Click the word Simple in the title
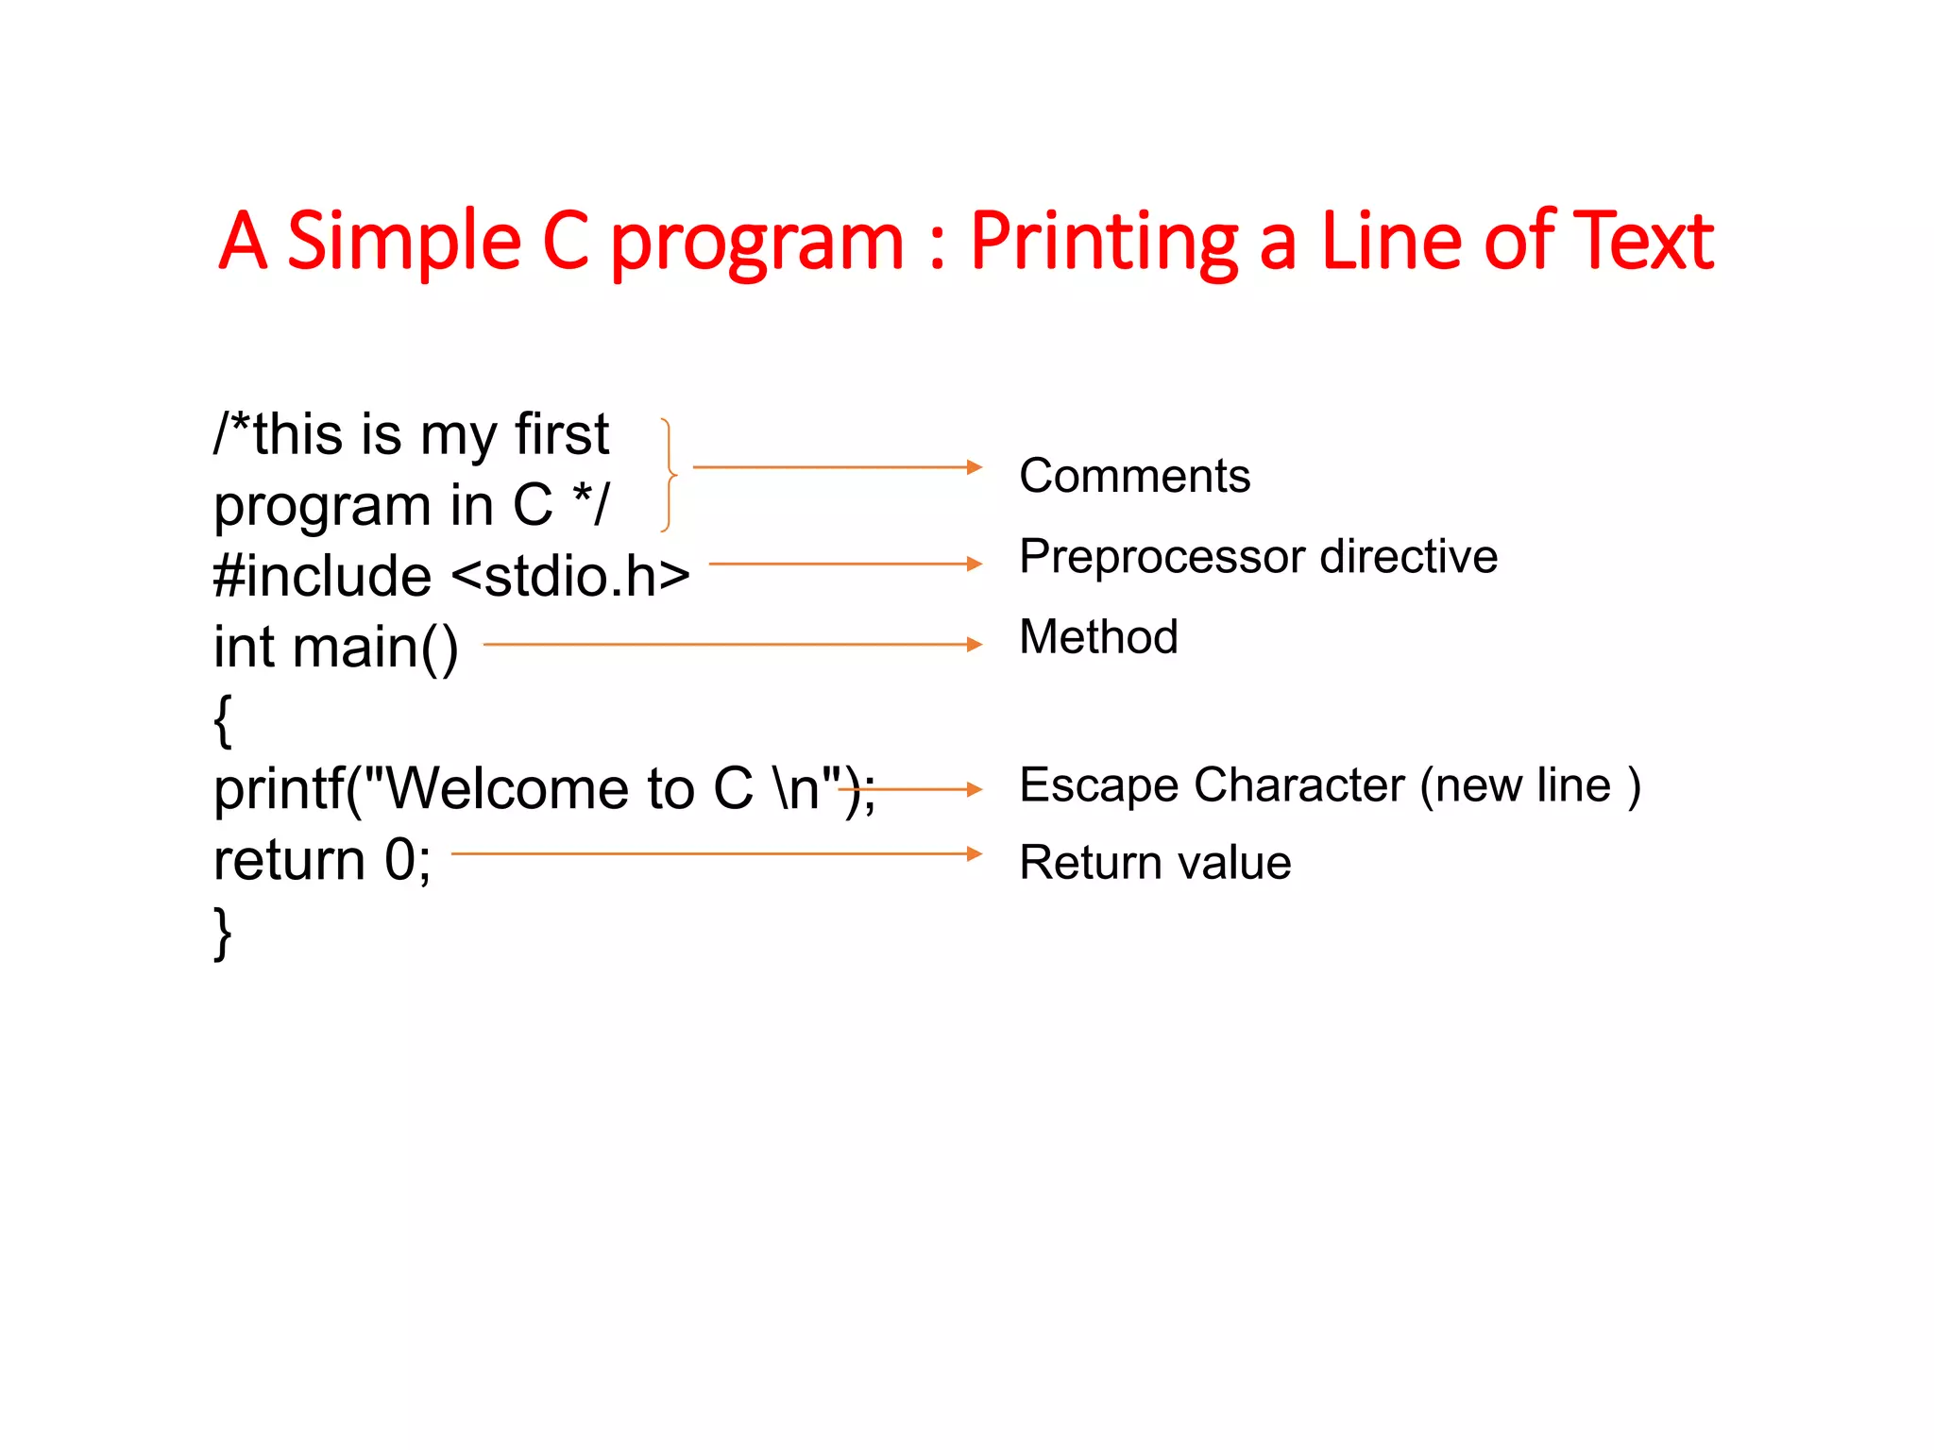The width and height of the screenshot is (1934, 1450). click(403, 242)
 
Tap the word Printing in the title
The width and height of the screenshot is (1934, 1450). click(1104, 242)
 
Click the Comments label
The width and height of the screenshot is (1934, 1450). click(1134, 476)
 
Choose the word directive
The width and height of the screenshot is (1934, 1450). click(1408, 557)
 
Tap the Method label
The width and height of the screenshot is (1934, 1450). click(1098, 637)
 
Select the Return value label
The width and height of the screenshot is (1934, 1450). click(1155, 863)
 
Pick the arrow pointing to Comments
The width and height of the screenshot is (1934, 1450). click(837, 467)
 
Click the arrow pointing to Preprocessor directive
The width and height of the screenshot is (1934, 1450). click(845, 564)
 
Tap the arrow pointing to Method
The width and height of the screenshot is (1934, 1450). click(732, 645)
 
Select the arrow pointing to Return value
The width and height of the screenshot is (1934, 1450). click(716, 853)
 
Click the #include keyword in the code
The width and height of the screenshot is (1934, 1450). click(322, 577)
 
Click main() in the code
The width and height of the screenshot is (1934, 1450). click(375, 649)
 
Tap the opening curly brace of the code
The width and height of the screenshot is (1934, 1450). click(223, 719)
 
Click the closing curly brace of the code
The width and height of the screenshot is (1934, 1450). click(223, 933)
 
